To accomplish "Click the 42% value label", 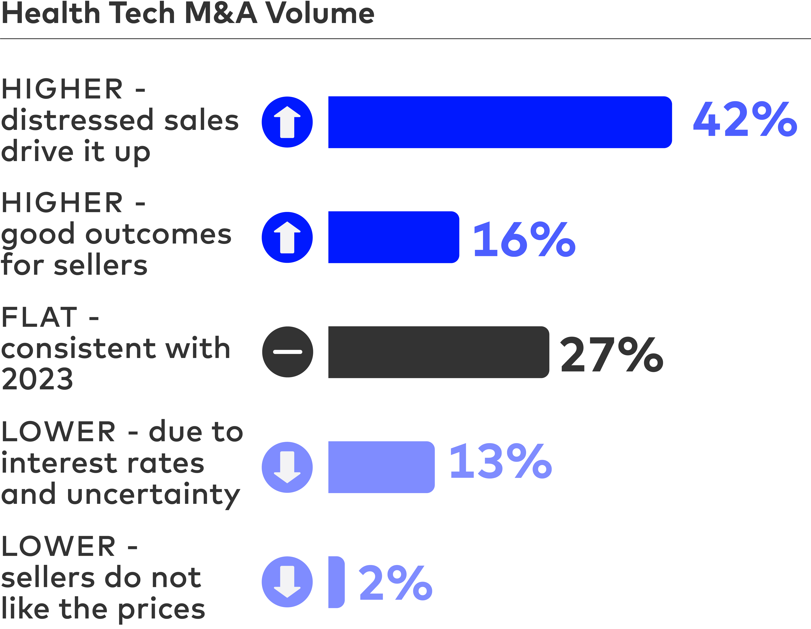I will pyautogui.click(x=745, y=120).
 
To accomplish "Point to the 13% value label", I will pyautogui.click(x=500, y=462).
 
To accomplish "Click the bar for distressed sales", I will pyautogui.click(x=500, y=122).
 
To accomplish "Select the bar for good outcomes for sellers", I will pyautogui.click(x=394, y=237).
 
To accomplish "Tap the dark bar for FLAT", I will pyautogui.click(x=439, y=352).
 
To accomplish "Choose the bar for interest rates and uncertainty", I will pyautogui.click(x=381, y=467).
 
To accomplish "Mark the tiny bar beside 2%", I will pyautogui.click(x=336, y=582).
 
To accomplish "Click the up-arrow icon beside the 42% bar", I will pyautogui.click(x=287, y=122).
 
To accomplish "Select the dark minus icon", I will pyautogui.click(x=287, y=352).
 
